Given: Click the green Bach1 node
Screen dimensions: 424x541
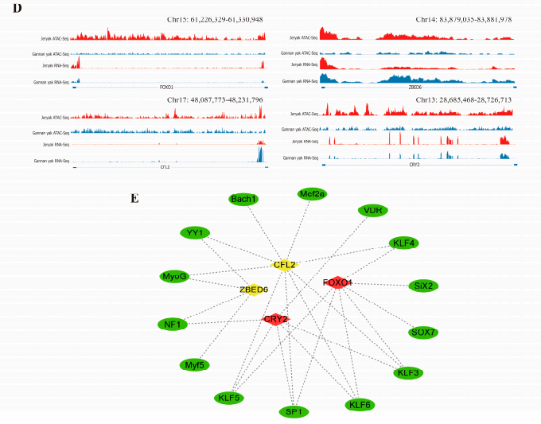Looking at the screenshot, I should coord(243,199).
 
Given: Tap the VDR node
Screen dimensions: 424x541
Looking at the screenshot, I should coord(372,210).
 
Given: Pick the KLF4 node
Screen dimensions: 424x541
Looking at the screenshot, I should coord(403,243).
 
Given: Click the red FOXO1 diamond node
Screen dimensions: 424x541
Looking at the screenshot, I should coord(338,282).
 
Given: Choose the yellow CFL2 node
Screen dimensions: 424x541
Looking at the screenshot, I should coord(285,264).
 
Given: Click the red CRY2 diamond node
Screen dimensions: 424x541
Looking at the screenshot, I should coord(275,319).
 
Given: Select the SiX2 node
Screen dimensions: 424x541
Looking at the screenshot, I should coord(422,285).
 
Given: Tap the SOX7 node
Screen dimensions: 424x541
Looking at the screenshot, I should coord(422,332).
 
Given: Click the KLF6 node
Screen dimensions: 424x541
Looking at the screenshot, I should coord(360,405).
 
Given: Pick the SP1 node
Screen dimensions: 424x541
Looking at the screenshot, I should coord(292,411).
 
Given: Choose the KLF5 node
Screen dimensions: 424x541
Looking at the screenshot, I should coord(228,397).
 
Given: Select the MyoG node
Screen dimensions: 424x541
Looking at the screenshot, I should coord(173,276).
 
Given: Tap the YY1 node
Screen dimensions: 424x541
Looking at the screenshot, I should coord(194,232).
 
